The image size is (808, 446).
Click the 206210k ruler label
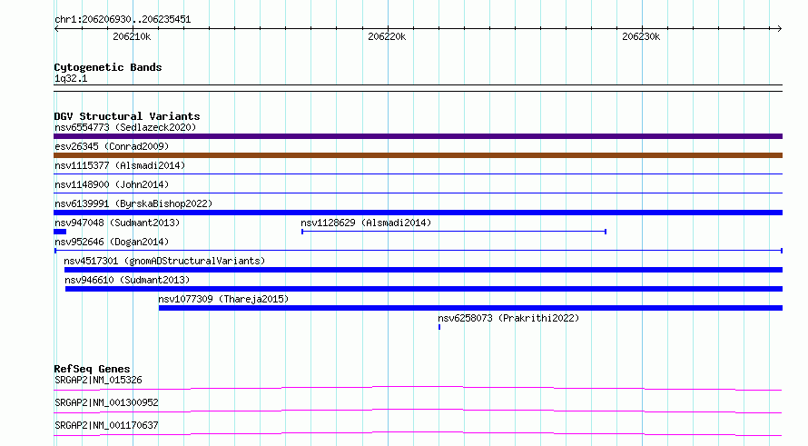(x=132, y=36)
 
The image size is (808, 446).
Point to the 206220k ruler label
(x=387, y=36)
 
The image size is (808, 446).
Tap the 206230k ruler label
(x=641, y=36)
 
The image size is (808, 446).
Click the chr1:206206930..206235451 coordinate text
(x=123, y=19)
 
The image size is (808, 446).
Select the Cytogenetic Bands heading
(x=108, y=67)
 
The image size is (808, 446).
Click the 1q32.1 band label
(x=71, y=78)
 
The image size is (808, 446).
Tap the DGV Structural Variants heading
(x=127, y=116)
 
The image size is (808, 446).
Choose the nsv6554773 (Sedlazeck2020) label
(x=125, y=127)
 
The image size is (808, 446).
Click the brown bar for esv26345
(x=418, y=155)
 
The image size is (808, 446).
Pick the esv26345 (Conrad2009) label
(x=112, y=146)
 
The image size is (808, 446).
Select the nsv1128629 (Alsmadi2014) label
(x=366, y=223)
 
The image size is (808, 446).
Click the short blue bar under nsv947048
(x=60, y=232)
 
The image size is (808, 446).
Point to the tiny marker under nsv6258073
(x=439, y=327)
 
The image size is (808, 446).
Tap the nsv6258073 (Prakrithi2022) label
(x=508, y=318)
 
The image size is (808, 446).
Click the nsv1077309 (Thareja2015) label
(x=223, y=299)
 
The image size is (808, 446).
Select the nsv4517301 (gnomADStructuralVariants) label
(x=164, y=261)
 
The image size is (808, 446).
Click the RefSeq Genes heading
(x=92, y=369)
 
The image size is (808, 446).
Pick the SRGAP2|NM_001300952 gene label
(x=106, y=402)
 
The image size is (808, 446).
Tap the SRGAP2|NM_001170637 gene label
(x=106, y=425)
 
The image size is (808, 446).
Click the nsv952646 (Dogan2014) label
(x=112, y=242)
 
